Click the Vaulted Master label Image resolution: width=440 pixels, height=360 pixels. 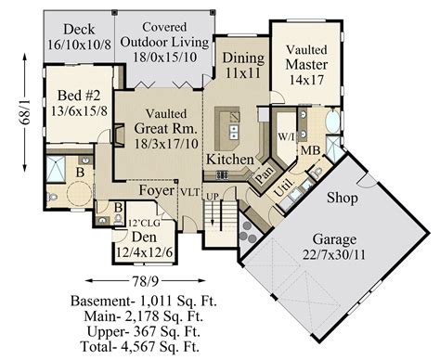click(x=304, y=65)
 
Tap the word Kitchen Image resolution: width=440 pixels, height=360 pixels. click(x=230, y=161)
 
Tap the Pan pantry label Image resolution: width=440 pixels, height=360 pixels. click(x=264, y=171)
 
